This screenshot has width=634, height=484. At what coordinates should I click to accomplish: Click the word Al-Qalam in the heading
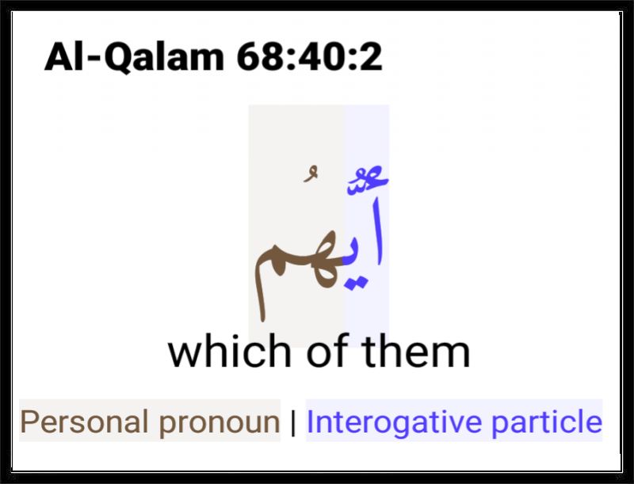[x=134, y=57]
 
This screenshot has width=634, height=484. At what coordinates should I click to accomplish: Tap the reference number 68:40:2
[x=309, y=56]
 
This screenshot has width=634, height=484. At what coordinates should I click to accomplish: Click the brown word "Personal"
[x=84, y=421]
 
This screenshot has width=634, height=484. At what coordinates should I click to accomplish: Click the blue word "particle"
[x=547, y=422]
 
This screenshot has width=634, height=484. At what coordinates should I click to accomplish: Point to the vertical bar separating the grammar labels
[x=293, y=423]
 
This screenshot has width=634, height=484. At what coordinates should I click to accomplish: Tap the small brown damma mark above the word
[x=311, y=174]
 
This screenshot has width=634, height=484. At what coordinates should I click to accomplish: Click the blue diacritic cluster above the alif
[x=367, y=180]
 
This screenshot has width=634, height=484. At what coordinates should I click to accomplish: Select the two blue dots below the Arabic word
[x=356, y=283]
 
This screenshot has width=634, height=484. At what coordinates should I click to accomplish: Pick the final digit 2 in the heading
[x=370, y=56]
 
